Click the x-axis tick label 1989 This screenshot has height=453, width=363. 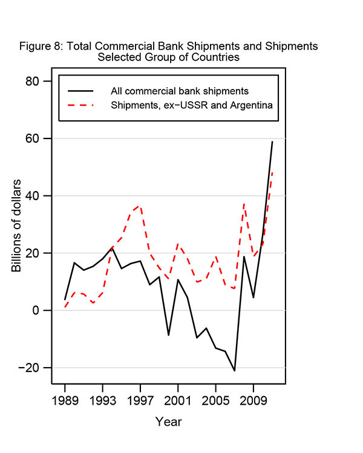pyautogui.click(x=65, y=400)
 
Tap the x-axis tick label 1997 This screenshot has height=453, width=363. pyautogui.click(x=140, y=400)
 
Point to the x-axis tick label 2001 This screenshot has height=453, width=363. pyautogui.click(x=178, y=400)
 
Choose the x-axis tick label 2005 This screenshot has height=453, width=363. pyautogui.click(x=215, y=400)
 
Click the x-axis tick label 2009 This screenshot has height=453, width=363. pyautogui.click(x=253, y=400)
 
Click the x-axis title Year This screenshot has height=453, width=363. pyautogui.click(x=168, y=422)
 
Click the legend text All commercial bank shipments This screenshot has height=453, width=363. pyautogui.click(x=180, y=91)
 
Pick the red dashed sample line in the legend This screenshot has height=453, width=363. pyautogui.click(x=81, y=105)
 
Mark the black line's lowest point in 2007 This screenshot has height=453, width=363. pyautogui.click(x=234, y=370)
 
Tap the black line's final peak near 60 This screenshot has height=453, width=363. pyautogui.click(x=272, y=142)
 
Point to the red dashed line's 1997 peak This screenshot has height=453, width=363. pyautogui.click(x=140, y=206)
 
